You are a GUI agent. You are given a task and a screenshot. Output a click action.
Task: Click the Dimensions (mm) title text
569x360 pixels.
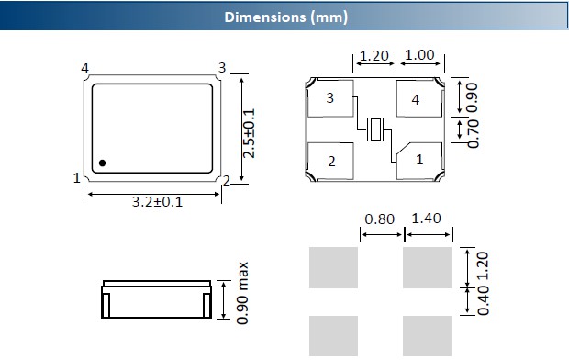coord(286,17)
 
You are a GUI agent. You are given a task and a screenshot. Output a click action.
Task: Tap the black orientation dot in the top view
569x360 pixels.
coord(103,163)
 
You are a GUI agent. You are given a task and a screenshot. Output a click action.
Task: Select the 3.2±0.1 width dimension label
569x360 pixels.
coord(157,202)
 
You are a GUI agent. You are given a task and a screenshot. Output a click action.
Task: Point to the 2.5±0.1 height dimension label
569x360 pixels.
coord(249,133)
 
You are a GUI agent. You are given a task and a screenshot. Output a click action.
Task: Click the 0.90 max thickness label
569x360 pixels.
coord(242,293)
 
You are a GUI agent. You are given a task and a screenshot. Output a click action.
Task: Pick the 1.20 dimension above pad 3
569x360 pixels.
coord(374,56)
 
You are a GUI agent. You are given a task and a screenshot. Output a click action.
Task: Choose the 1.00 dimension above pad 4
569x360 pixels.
coord(419,55)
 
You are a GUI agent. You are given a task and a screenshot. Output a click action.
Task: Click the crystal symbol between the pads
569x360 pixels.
coord(374,129)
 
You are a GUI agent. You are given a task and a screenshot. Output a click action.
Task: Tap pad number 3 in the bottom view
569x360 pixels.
coord(330,98)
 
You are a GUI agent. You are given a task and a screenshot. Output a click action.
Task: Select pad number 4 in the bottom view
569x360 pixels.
coord(419,98)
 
